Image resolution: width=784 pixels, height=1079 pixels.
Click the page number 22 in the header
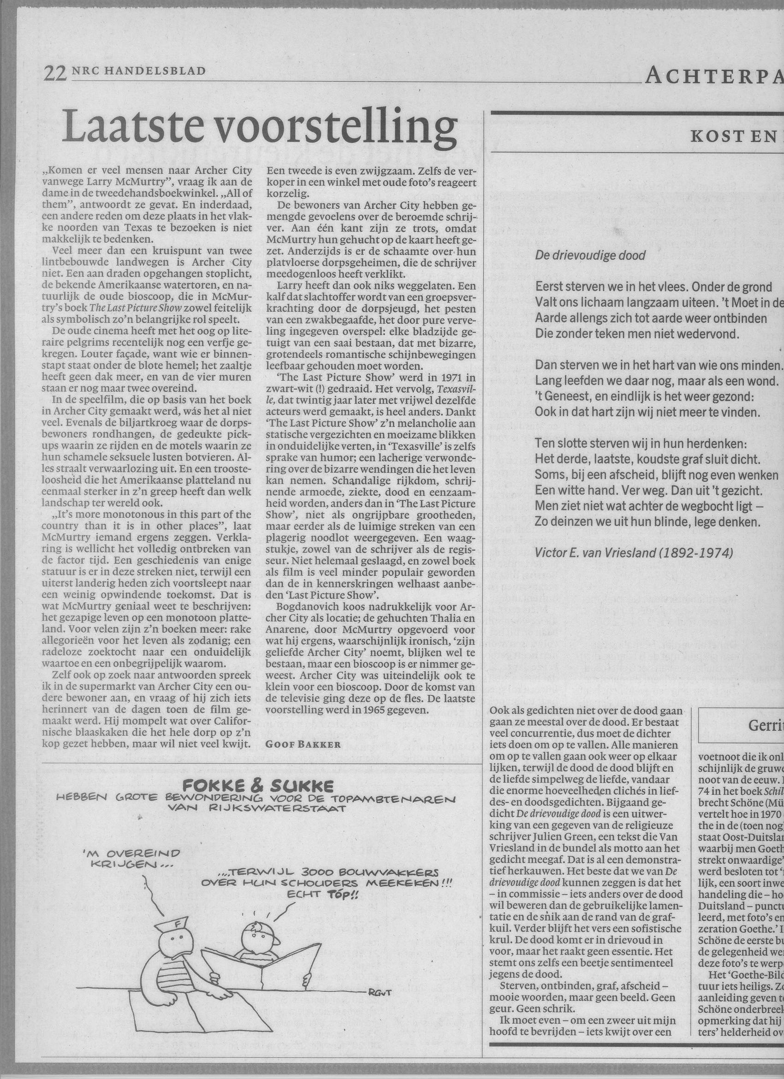pyautogui.click(x=54, y=74)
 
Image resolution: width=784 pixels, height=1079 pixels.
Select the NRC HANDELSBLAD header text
pyautogui.click(x=138, y=71)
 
